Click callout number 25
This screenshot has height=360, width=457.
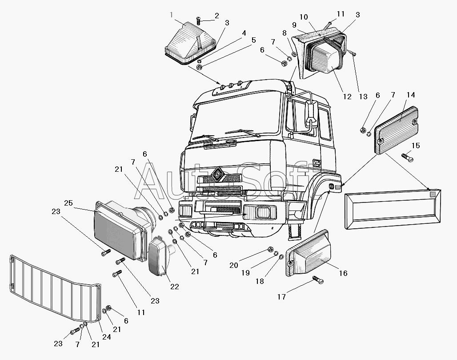tap(68, 203)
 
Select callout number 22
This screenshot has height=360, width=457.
tap(175, 287)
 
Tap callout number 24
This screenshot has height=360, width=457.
tap(107, 337)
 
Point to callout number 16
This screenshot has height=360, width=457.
tap(343, 273)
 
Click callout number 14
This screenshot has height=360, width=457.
tap(411, 95)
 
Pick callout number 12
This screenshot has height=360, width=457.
tap(347, 97)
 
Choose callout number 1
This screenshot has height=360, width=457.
tap(172, 15)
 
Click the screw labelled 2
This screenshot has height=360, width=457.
tap(199, 20)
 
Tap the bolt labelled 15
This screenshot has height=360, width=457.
tap(407, 158)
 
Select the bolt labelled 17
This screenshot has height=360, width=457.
tap(318, 280)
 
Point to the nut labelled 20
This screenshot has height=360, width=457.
tap(270, 250)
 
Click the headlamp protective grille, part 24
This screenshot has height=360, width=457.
tap(56, 289)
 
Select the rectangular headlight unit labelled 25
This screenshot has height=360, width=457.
tap(120, 231)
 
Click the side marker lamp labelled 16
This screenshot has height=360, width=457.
tap(309, 253)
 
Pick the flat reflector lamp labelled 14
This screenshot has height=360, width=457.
tap(396, 130)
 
